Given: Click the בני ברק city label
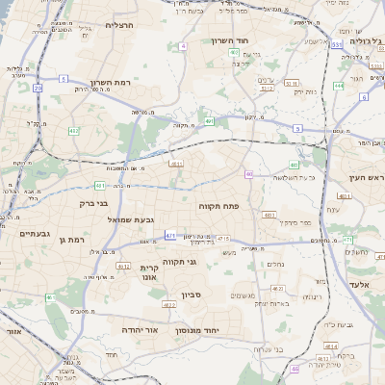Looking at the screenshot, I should coord(93,203).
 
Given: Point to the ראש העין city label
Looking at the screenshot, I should coord(366,179).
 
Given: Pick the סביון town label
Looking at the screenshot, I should coord(190,295).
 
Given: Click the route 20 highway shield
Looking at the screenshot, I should coord(38,88).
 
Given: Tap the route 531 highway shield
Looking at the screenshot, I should coord(336,44).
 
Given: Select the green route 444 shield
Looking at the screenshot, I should coord(338,86).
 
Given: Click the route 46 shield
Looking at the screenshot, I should coord(295,367).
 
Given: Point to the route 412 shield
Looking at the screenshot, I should coord(74,130).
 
